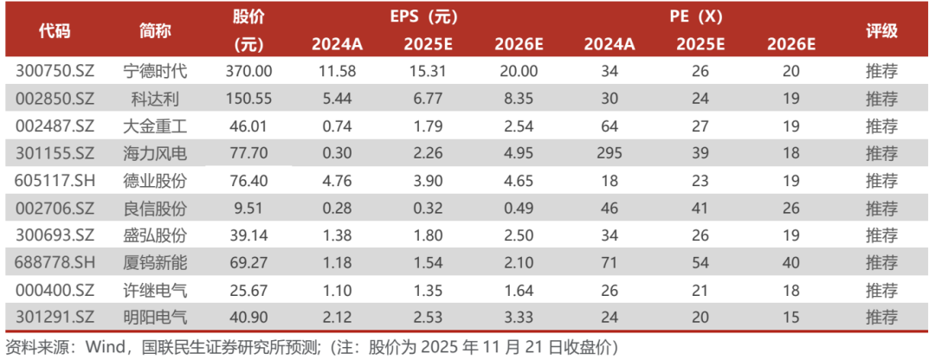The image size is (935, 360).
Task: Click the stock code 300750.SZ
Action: point(55,71)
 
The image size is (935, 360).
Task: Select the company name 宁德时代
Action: point(156,71)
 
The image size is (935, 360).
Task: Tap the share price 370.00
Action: point(248,71)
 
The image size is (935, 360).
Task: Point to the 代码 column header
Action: point(55,31)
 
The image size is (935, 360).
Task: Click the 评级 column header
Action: point(881,31)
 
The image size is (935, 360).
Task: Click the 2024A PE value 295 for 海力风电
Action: point(609,154)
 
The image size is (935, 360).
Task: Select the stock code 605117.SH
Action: point(55,182)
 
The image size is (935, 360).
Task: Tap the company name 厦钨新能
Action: point(156,264)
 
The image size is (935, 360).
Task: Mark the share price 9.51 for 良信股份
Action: point(248,209)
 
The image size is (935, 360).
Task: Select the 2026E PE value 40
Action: point(790,264)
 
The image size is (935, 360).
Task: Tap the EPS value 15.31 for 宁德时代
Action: point(422,71)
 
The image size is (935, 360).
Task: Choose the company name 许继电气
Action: point(156,292)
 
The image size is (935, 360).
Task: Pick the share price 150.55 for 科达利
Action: point(248,99)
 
